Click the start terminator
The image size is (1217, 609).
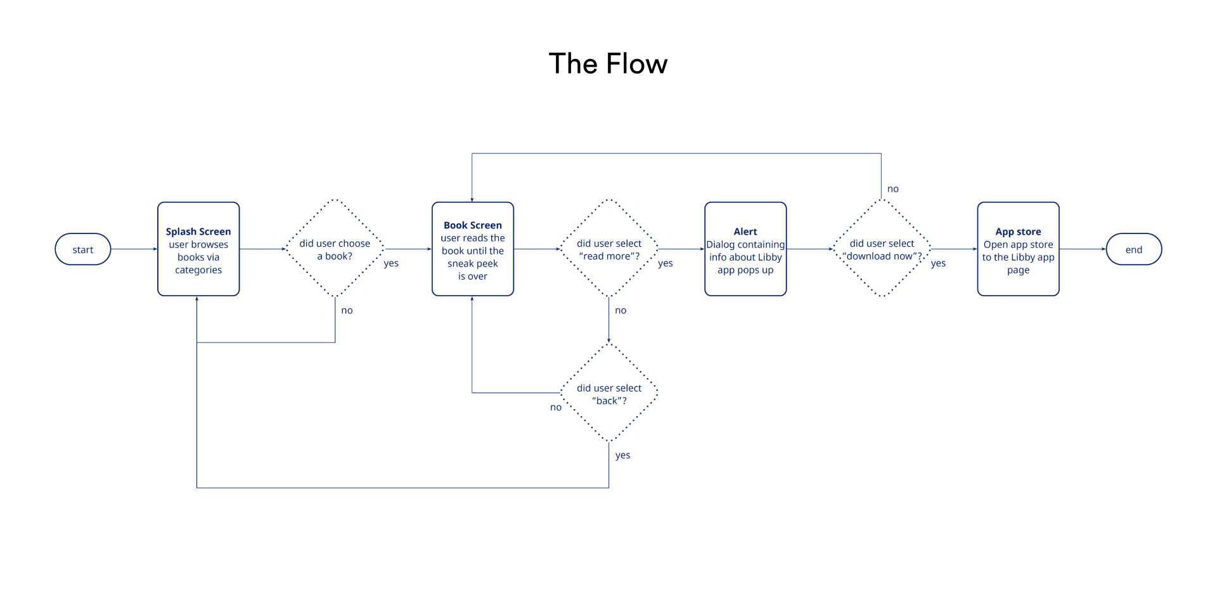(x=83, y=249)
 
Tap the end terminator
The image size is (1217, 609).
(x=1133, y=249)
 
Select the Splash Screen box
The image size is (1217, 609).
(x=198, y=249)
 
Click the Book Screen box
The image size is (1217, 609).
(x=472, y=249)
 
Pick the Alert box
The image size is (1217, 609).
(x=745, y=249)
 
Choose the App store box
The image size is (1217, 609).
(x=1018, y=249)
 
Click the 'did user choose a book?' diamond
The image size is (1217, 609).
(x=335, y=249)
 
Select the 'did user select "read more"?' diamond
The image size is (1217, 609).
(x=608, y=249)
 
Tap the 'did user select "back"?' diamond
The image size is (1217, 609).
(x=608, y=393)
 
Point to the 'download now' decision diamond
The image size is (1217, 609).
(x=882, y=249)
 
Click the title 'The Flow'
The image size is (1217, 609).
(x=608, y=64)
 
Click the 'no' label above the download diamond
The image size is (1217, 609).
(x=892, y=189)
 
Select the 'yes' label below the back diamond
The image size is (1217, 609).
(x=622, y=455)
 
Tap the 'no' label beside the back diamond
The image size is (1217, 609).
(x=555, y=407)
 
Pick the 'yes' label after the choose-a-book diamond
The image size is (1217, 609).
(x=391, y=263)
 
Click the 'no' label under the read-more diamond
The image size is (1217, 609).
(x=621, y=310)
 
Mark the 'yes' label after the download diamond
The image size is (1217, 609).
(x=938, y=263)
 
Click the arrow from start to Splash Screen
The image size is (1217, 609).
(x=134, y=249)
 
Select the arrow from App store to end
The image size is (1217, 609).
(x=1082, y=249)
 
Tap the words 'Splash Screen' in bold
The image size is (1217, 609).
(x=198, y=232)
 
